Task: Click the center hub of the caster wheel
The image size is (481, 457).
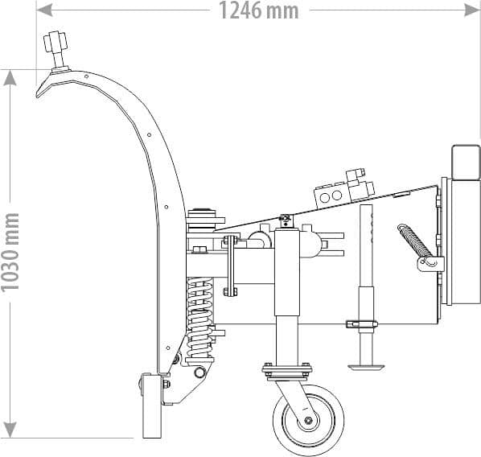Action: click(x=306, y=421)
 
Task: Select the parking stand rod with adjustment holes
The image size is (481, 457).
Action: click(x=367, y=266)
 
